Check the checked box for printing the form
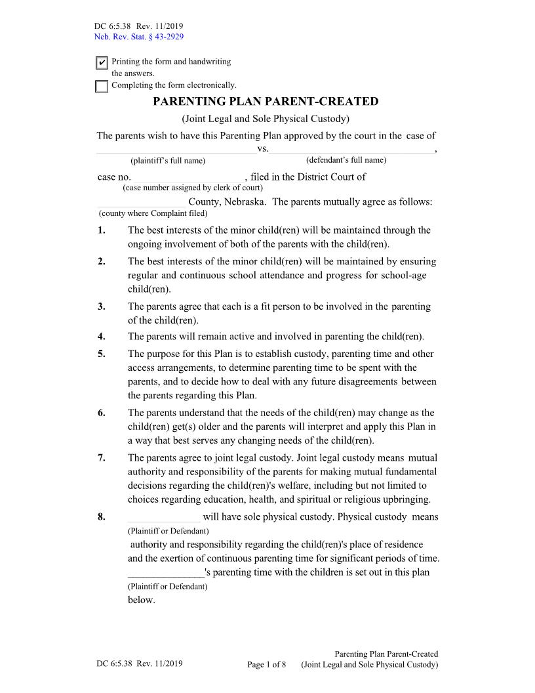point(102,63)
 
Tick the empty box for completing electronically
point(102,86)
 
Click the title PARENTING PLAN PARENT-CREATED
point(266,102)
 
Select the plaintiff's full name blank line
point(176,150)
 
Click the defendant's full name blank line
point(351,150)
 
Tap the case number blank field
point(187,178)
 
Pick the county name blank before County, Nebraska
point(142,203)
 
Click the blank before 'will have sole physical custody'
point(164,518)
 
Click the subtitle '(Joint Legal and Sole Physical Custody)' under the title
point(266,119)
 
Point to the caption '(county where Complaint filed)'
point(153,213)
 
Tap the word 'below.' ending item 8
point(141,600)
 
